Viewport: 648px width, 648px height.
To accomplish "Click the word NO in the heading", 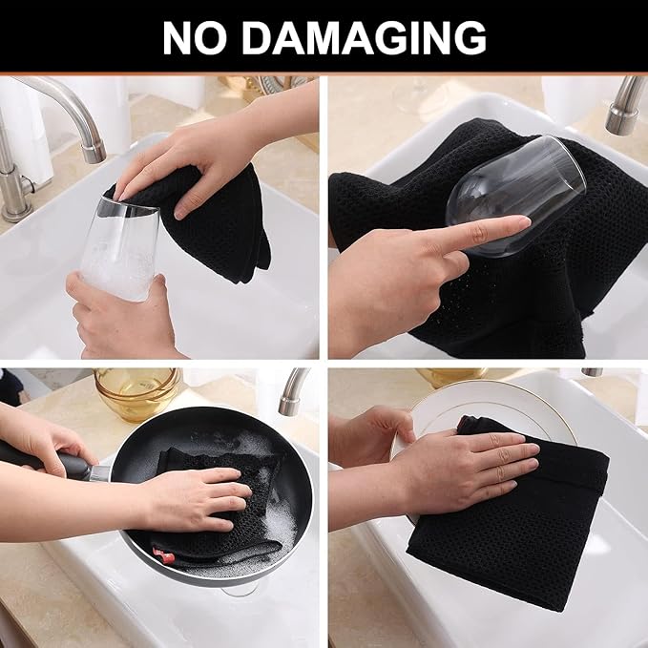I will pos(194,37).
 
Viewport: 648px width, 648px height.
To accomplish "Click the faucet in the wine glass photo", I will pos(625,105).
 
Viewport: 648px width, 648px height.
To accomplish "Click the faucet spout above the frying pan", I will pos(292,391).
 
